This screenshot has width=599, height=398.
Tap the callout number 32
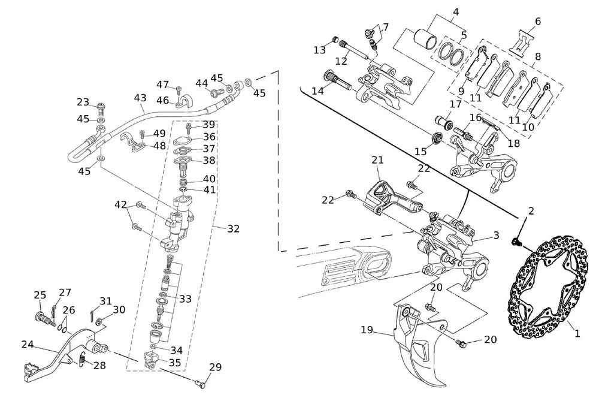233,228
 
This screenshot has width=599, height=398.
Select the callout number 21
377,160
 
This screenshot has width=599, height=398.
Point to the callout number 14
317,91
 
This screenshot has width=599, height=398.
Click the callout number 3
496,236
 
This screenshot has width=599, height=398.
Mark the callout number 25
40,295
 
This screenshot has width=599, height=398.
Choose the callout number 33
186,298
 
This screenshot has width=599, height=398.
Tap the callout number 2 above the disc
531,210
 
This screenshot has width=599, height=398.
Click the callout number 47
163,85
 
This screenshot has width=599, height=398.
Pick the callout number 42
122,206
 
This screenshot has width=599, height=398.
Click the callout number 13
319,50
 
